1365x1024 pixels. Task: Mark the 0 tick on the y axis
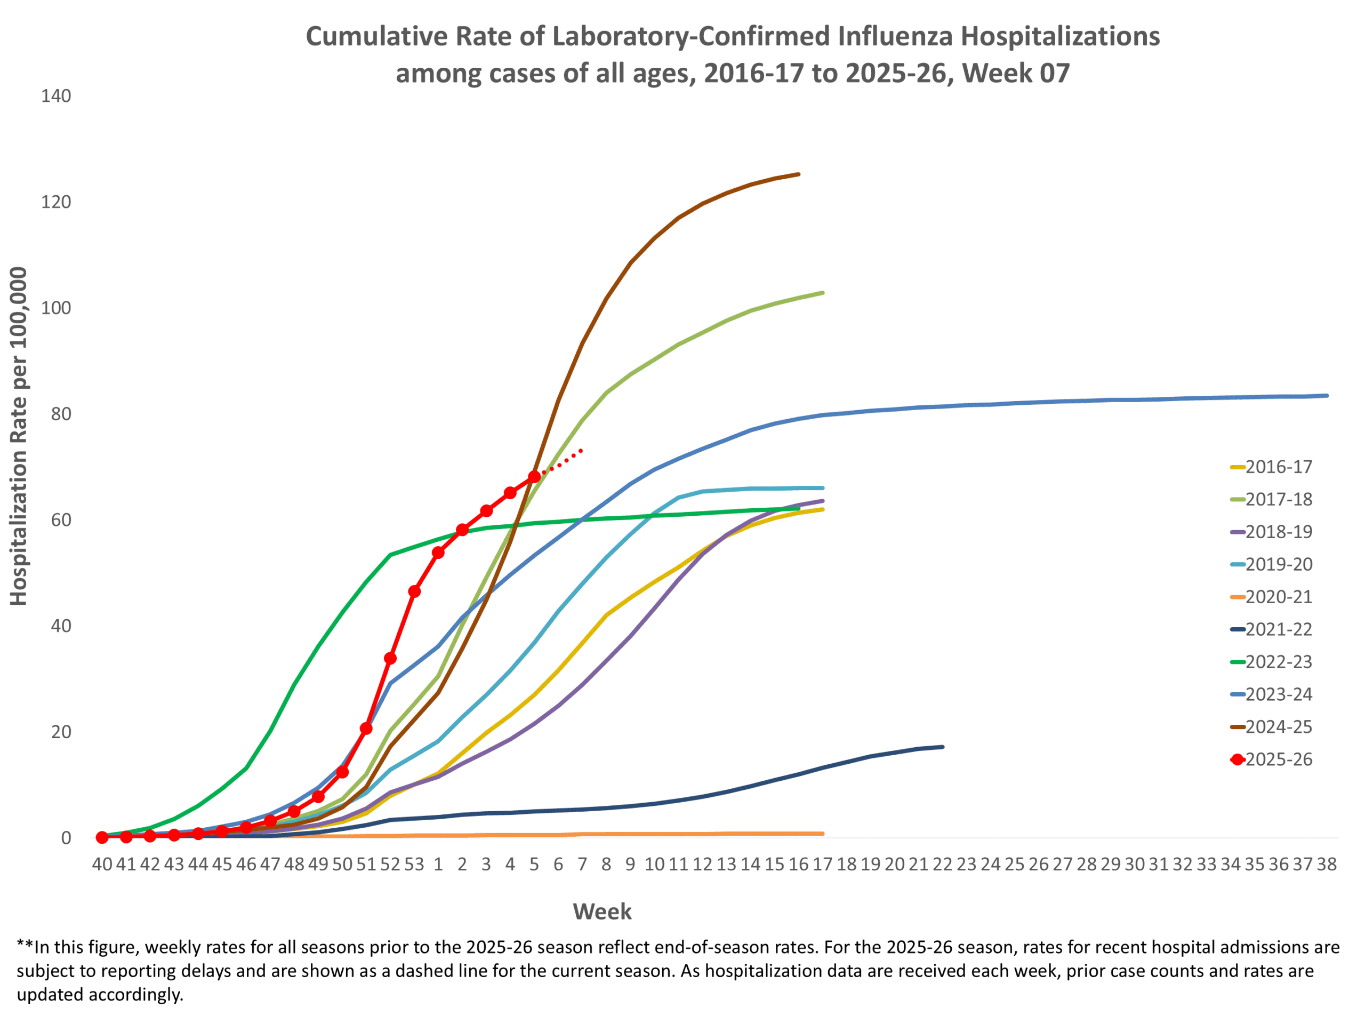(x=66, y=838)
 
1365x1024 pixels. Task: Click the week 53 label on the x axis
(x=414, y=864)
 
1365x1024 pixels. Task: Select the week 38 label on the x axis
(x=1327, y=864)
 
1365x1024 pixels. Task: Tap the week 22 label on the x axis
(x=942, y=864)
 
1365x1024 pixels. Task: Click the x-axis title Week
(x=603, y=911)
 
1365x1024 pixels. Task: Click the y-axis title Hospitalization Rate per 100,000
(x=19, y=436)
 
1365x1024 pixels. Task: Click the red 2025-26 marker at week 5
(x=534, y=477)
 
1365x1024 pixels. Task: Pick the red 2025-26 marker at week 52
(x=390, y=659)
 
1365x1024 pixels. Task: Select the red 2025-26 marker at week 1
(x=438, y=553)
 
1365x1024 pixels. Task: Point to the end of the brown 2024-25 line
(x=799, y=174)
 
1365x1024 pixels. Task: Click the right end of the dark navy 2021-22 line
(x=943, y=747)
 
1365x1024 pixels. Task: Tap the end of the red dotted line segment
(x=582, y=451)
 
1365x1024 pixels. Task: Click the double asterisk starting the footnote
(x=25, y=946)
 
